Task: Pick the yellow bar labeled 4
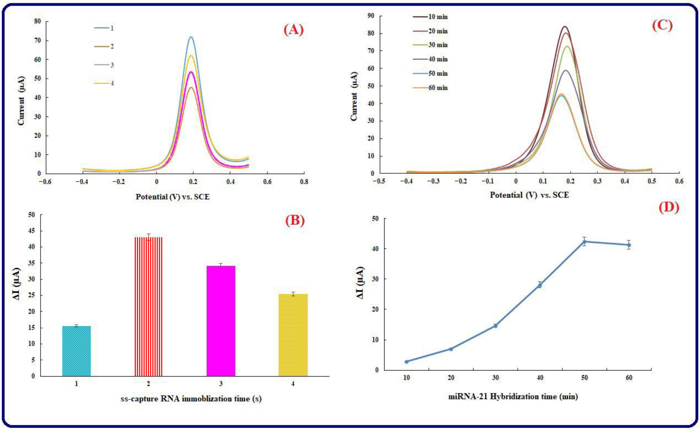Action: point(293,335)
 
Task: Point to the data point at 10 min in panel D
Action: point(406,362)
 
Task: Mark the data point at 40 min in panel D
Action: point(540,285)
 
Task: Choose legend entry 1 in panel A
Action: point(104,28)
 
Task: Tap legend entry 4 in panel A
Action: point(104,83)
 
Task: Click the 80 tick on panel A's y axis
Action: point(37,21)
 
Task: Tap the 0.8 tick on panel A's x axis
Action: point(304,182)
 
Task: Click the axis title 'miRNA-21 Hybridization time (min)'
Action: point(513,397)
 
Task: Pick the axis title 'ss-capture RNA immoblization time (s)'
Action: point(191,398)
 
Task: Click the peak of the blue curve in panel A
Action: point(191,37)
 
